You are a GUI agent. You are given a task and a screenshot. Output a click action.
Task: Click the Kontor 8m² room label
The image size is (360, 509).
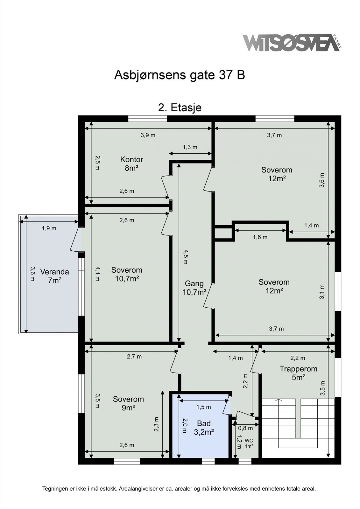[131, 164]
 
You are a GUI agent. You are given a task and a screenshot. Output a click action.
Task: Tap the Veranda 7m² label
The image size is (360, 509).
[54, 276]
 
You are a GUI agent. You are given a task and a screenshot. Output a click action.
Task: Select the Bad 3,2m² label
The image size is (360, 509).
[204, 427]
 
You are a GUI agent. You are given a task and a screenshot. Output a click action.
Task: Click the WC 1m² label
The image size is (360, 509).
[249, 443]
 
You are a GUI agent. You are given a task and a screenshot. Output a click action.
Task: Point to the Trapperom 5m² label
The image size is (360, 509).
[298, 373]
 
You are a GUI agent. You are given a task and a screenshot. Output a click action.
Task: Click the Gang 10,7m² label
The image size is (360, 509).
[194, 288]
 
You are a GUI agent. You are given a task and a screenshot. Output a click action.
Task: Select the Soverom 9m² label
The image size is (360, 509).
[128, 403]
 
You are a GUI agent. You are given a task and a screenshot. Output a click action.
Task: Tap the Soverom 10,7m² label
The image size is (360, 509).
[127, 274]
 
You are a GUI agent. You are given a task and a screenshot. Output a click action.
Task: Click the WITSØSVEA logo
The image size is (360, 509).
[290, 43]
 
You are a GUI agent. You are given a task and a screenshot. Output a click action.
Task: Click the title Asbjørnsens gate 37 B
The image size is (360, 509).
[180, 75]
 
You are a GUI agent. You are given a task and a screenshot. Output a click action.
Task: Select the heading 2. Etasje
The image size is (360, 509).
[180, 108]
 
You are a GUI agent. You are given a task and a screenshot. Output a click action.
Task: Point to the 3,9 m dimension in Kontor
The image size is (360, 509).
[148, 135]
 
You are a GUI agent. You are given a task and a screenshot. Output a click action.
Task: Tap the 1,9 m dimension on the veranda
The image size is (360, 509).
[49, 228]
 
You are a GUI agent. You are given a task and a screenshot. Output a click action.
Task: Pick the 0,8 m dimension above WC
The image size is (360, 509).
[245, 428]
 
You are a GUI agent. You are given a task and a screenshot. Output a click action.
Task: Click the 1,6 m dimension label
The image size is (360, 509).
[260, 237]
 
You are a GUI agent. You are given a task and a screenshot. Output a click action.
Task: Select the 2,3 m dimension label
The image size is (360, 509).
[156, 424]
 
